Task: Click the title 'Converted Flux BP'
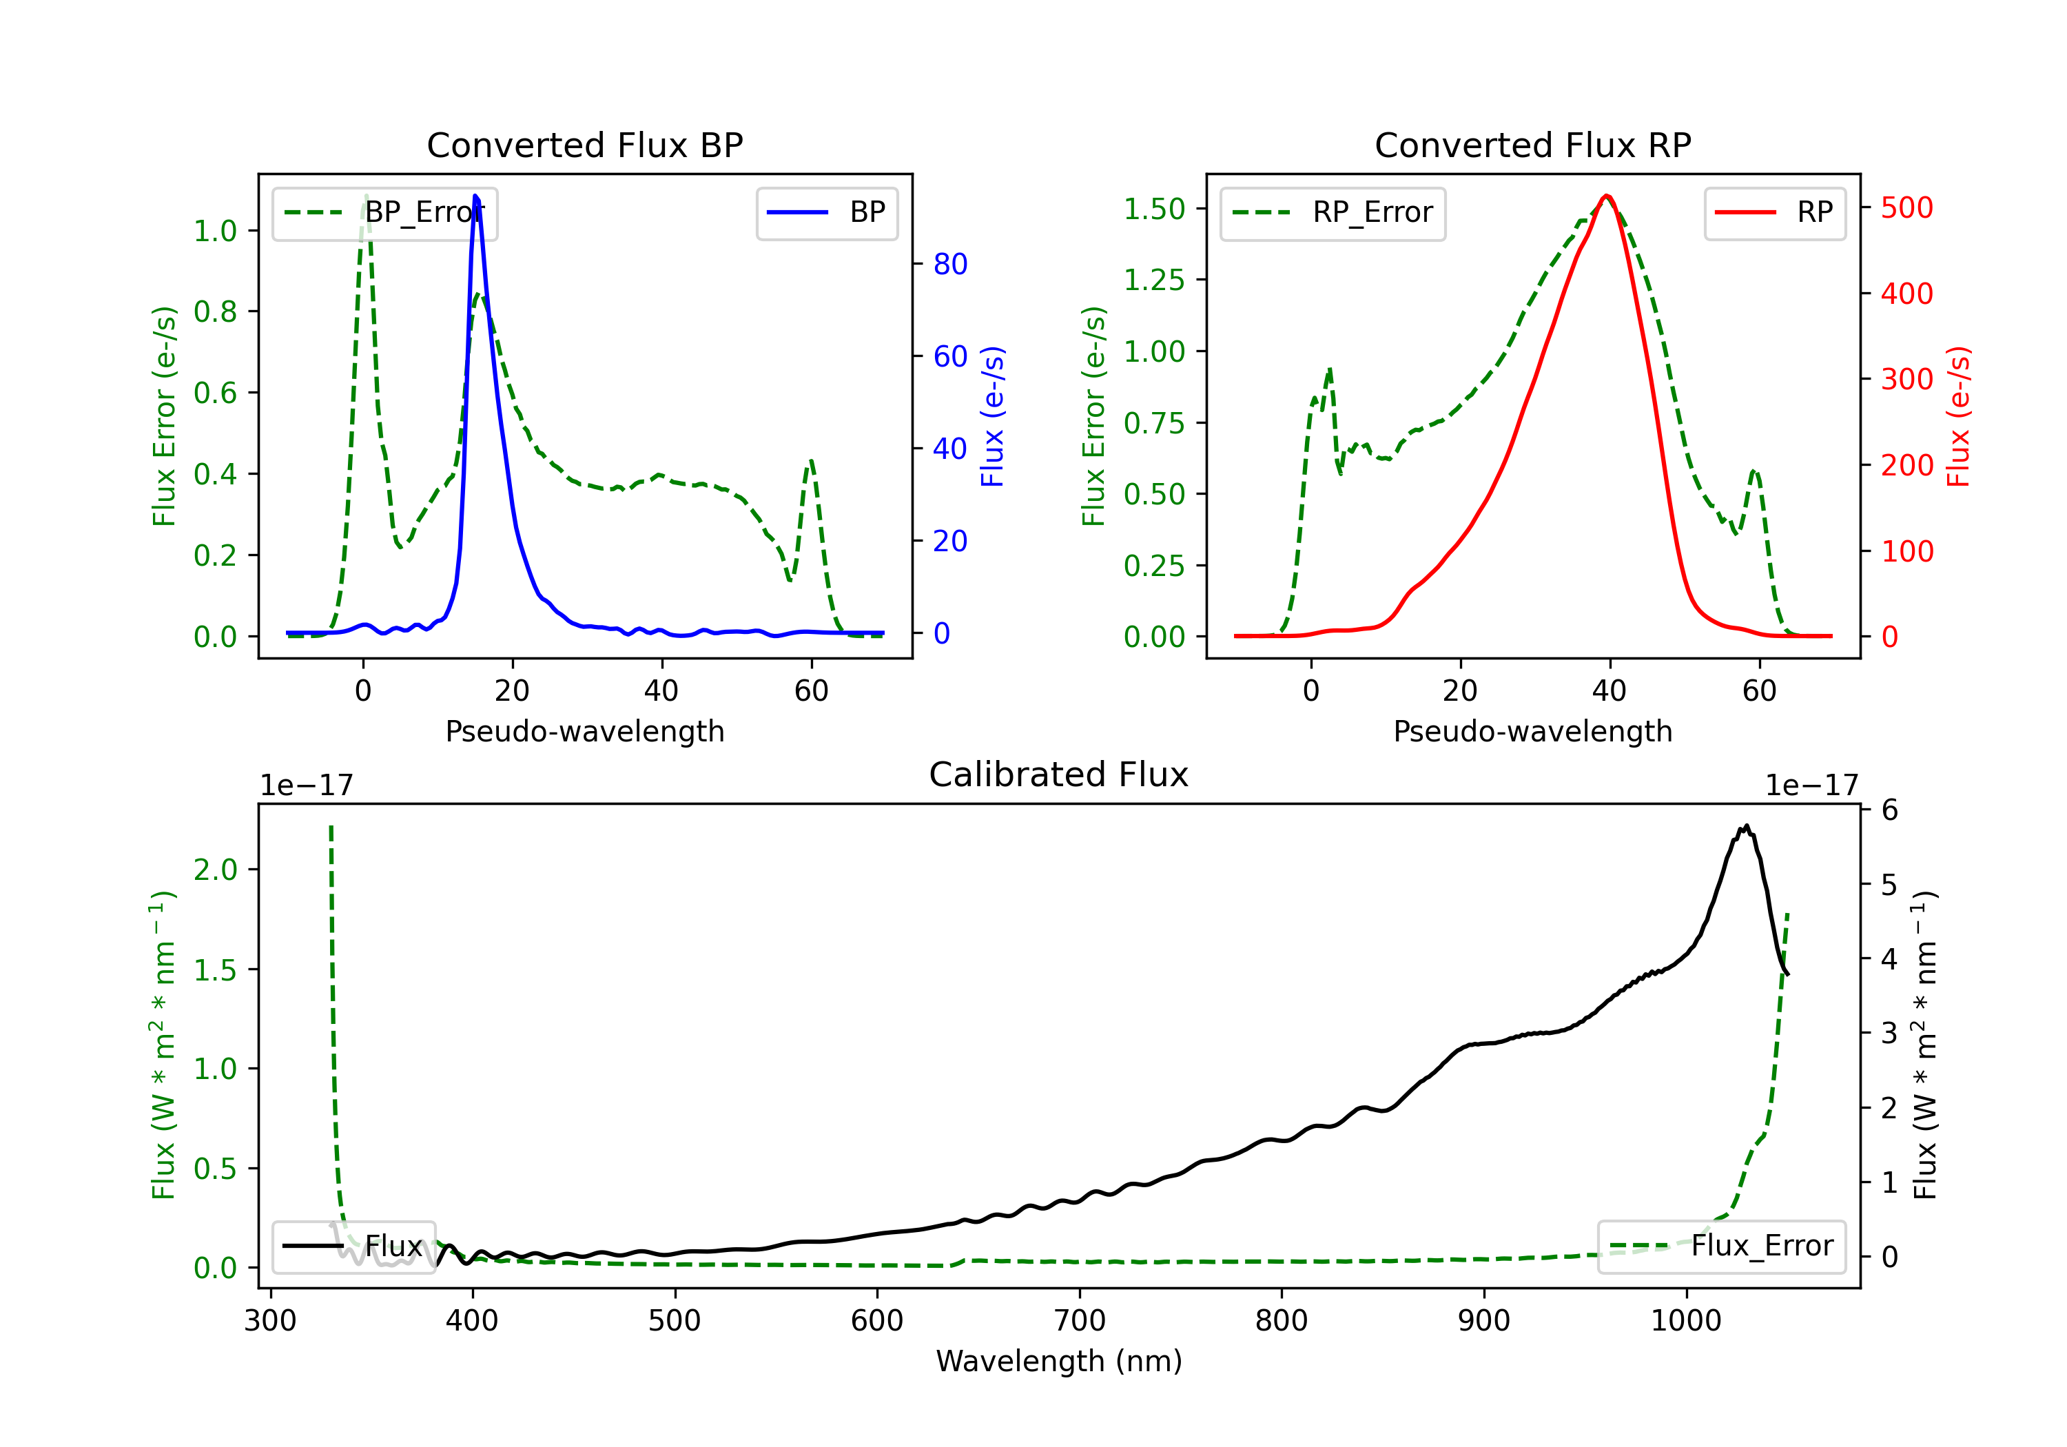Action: click(585, 145)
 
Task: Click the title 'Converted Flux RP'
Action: click(1533, 145)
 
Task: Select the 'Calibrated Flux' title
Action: click(1059, 774)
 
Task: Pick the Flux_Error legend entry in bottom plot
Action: click(1721, 1246)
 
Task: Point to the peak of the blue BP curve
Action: click(475, 196)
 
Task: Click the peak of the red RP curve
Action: click(1607, 196)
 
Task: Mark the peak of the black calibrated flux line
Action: click(1747, 825)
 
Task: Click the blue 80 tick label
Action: click(951, 264)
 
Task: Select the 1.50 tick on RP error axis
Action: click(1154, 209)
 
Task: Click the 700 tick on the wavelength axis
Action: click(1080, 1321)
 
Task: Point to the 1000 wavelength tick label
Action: click(1686, 1321)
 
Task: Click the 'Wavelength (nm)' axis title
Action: click(1060, 1362)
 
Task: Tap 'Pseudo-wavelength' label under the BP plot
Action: click(585, 731)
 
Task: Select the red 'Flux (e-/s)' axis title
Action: click(1959, 417)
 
